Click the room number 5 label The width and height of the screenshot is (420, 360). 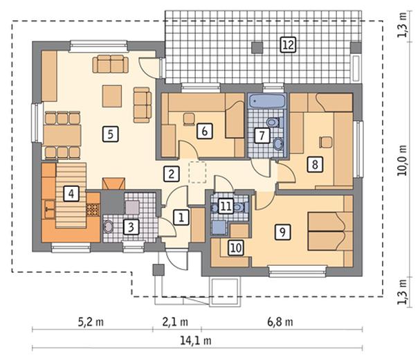click(x=111, y=134)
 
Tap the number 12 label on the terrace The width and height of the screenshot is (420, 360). click(x=288, y=44)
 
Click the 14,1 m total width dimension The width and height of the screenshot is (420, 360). click(x=196, y=341)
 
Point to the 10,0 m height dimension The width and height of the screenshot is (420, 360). click(x=402, y=161)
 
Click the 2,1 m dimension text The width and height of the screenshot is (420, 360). click(x=175, y=321)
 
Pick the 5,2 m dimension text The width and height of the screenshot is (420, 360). click(x=91, y=321)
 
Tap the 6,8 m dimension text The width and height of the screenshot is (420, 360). click(x=280, y=321)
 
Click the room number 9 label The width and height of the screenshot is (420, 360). click(x=282, y=231)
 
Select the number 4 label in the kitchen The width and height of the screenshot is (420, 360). click(x=71, y=194)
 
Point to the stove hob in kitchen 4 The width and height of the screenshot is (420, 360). click(x=93, y=210)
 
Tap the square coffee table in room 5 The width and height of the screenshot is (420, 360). click(x=112, y=96)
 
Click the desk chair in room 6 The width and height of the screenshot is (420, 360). click(x=189, y=119)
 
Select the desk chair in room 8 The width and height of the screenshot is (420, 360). click(x=326, y=142)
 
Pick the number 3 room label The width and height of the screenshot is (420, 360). click(x=131, y=227)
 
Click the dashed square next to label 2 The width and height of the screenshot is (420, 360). click(x=197, y=172)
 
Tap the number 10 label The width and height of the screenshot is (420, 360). click(x=236, y=248)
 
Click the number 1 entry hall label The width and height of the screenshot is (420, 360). click(x=181, y=217)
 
